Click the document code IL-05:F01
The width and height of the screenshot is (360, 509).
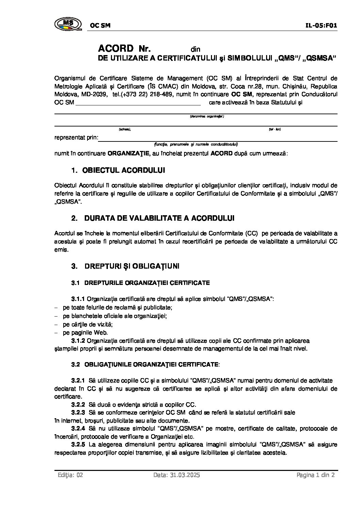pos(321,25)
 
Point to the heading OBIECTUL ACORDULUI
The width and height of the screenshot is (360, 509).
pos(124,170)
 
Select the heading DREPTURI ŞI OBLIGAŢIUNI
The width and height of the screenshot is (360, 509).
pos(132,266)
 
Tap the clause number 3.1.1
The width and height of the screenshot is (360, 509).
pos(78,299)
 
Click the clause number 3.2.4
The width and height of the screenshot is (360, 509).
pos(78,428)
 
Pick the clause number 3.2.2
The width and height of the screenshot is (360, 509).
pos(78,405)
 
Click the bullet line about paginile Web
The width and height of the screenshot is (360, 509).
pos(85,333)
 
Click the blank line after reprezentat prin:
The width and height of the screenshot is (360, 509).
pos(218,138)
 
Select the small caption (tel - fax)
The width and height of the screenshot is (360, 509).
pos(275,129)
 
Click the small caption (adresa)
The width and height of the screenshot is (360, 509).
pos(125,129)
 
